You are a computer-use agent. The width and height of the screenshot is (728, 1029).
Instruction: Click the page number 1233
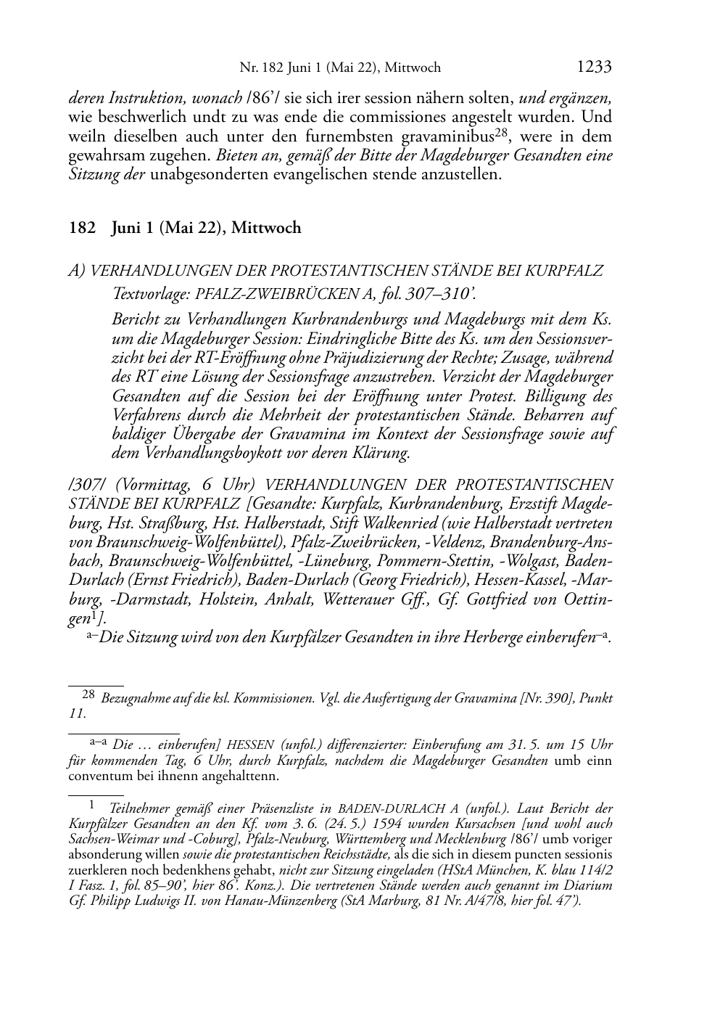594,67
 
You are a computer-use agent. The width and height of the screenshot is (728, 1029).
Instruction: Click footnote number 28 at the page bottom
88,694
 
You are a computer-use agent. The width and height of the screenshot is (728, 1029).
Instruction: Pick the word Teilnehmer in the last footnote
141,808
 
